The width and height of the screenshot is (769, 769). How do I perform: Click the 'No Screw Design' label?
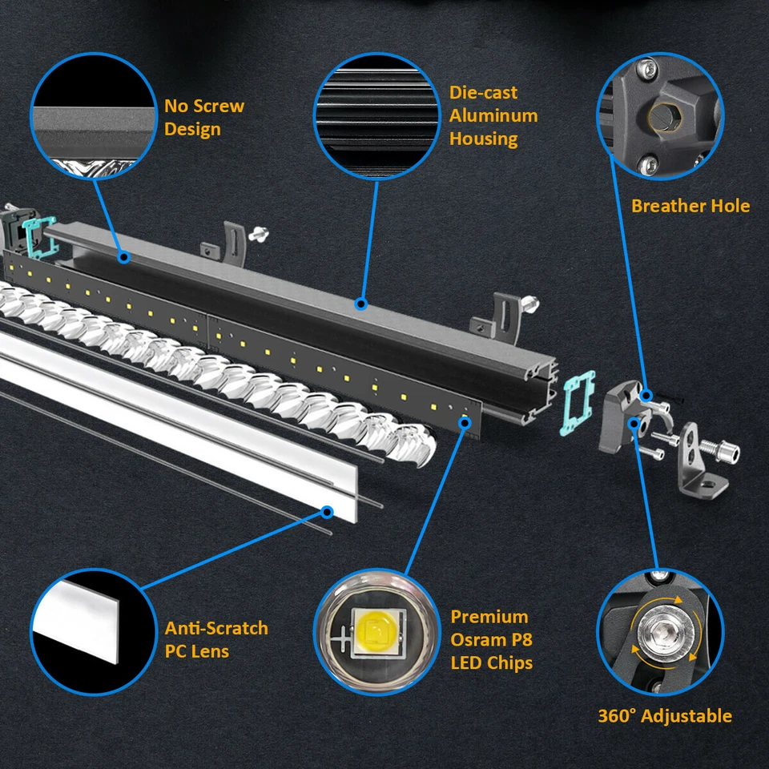[204, 118]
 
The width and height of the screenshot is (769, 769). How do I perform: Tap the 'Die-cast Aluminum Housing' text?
[493, 115]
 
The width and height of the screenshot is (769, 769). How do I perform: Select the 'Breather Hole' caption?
[690, 206]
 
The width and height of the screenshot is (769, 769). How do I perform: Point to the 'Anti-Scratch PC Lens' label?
[216, 639]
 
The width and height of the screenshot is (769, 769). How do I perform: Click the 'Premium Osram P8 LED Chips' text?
[491, 640]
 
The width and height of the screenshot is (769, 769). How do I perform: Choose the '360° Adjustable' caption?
[665, 715]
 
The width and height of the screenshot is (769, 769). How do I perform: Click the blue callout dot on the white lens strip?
[327, 510]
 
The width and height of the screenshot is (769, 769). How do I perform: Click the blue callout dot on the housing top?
[360, 304]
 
